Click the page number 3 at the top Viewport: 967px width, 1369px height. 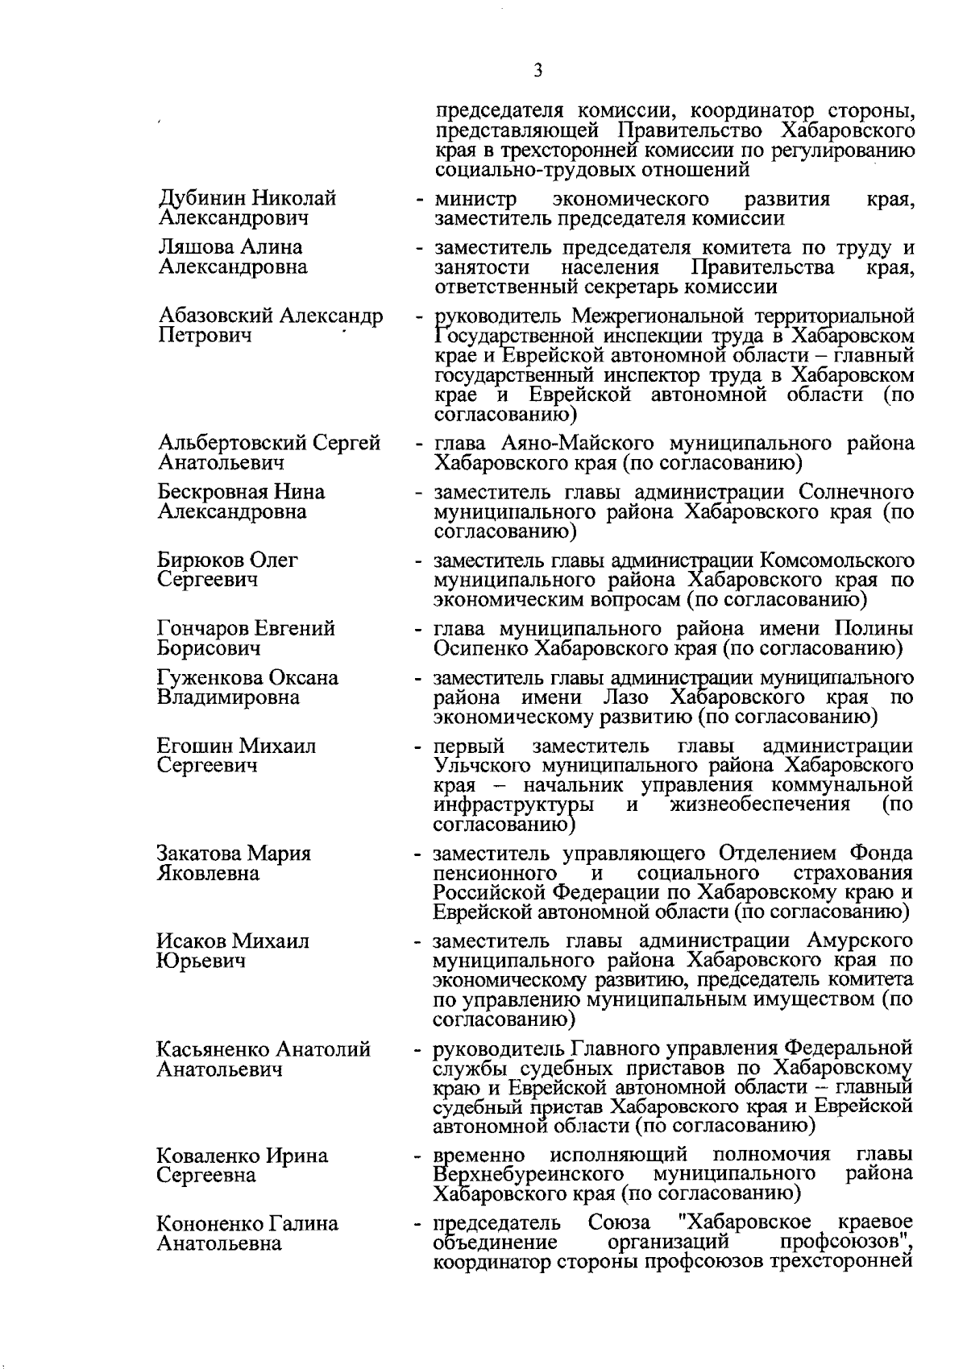pyautogui.click(x=537, y=72)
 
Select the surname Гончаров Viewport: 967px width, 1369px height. pyautogui.click(x=203, y=628)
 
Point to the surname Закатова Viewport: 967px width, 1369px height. pyautogui.click(x=199, y=854)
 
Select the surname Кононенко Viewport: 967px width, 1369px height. pyautogui.click(x=209, y=1224)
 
